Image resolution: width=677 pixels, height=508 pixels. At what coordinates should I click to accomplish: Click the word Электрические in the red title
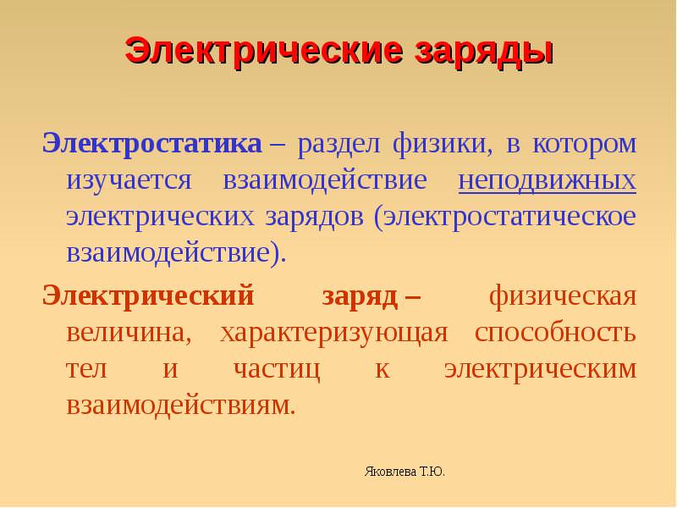pos(264,51)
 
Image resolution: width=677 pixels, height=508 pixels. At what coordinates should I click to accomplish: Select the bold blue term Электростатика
pos(152,143)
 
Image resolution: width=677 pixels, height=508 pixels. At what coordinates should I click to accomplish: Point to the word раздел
pos(338,145)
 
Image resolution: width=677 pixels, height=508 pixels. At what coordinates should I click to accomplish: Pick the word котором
pos(584,144)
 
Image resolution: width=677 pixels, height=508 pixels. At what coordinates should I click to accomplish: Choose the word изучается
pos(129,181)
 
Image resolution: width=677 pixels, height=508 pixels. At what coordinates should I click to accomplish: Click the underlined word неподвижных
pos(547,181)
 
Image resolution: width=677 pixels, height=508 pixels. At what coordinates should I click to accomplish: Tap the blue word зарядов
pos(314,218)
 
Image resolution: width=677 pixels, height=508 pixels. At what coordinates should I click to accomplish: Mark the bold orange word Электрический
pos(148,297)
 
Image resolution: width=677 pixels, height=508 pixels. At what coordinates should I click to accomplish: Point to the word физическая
pos(563,296)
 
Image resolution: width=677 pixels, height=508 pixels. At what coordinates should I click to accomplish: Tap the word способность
pos(555,332)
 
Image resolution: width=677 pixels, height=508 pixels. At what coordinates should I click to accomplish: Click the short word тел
pos(86,370)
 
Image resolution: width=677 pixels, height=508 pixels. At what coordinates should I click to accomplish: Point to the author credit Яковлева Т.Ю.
pos(405,472)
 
